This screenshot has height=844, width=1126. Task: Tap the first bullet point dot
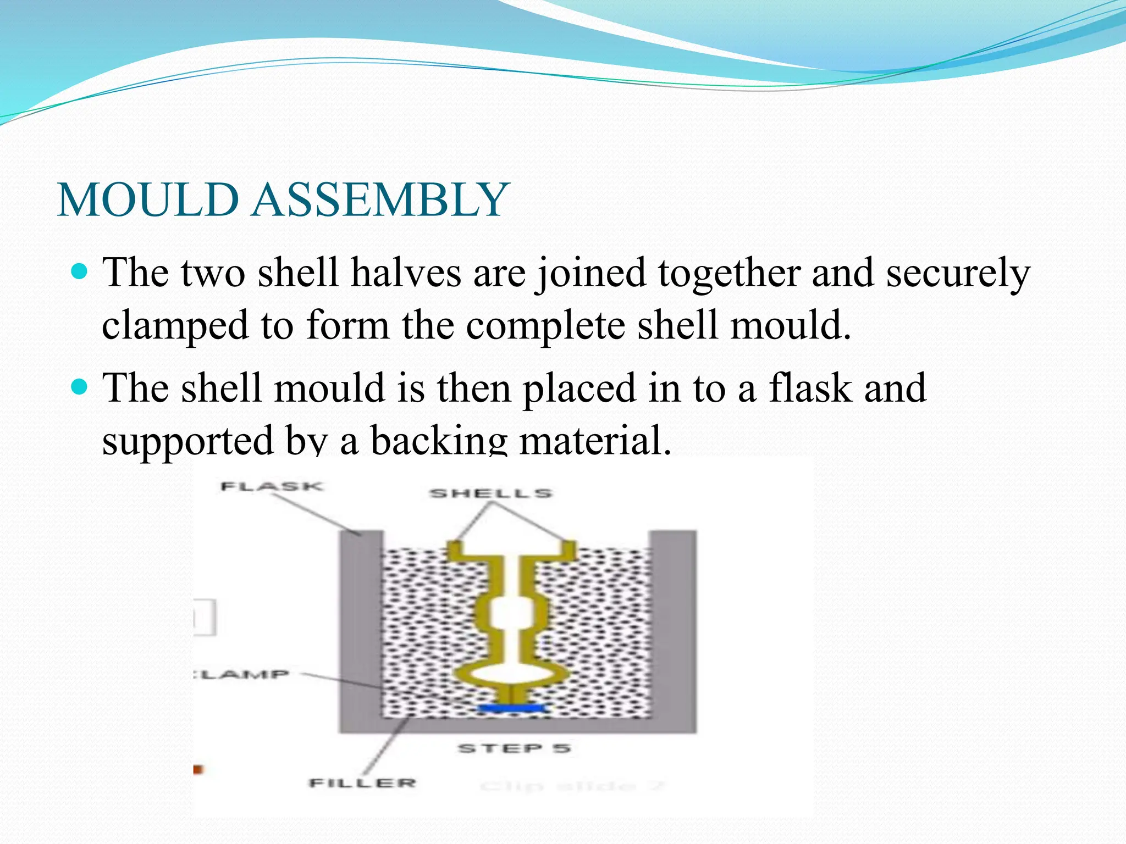(80, 271)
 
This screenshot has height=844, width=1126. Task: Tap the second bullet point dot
(80, 387)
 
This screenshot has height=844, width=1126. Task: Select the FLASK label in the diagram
(272, 486)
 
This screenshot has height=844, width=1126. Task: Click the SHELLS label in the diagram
(490, 493)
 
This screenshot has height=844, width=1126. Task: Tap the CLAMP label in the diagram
(242, 674)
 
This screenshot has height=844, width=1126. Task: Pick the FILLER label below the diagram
(362, 782)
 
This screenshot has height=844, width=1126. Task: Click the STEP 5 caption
(514, 748)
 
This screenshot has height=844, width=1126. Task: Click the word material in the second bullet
(594, 441)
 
